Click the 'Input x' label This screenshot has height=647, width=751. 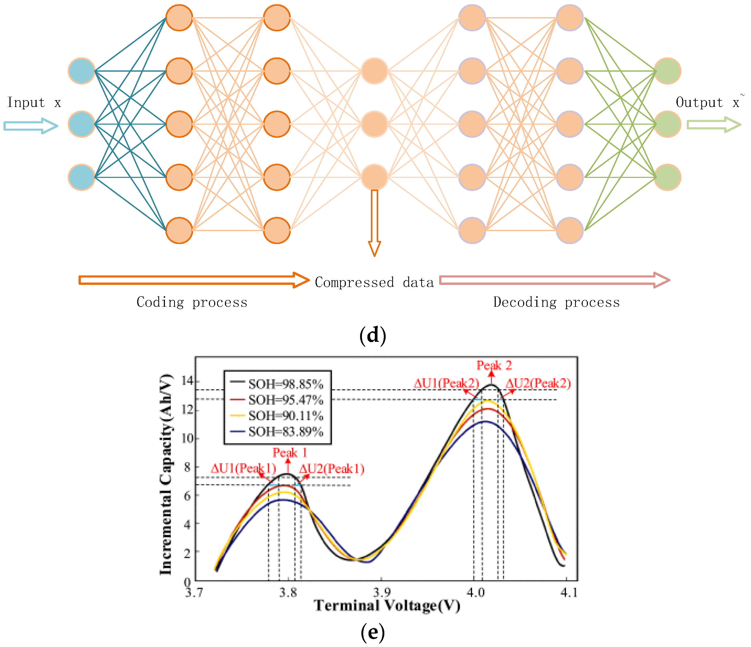(34, 103)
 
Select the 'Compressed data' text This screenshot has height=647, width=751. (374, 282)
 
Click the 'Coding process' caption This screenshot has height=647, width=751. (192, 302)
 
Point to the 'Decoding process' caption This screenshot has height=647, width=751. (556, 302)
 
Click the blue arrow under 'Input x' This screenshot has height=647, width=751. (31, 126)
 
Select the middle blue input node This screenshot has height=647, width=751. (82, 124)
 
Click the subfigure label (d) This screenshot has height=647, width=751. (372, 335)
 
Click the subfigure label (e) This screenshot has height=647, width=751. (372, 632)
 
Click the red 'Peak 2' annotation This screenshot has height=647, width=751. (494, 366)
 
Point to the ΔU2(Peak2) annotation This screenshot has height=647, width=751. (538, 383)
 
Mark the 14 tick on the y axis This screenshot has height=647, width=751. (187, 381)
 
